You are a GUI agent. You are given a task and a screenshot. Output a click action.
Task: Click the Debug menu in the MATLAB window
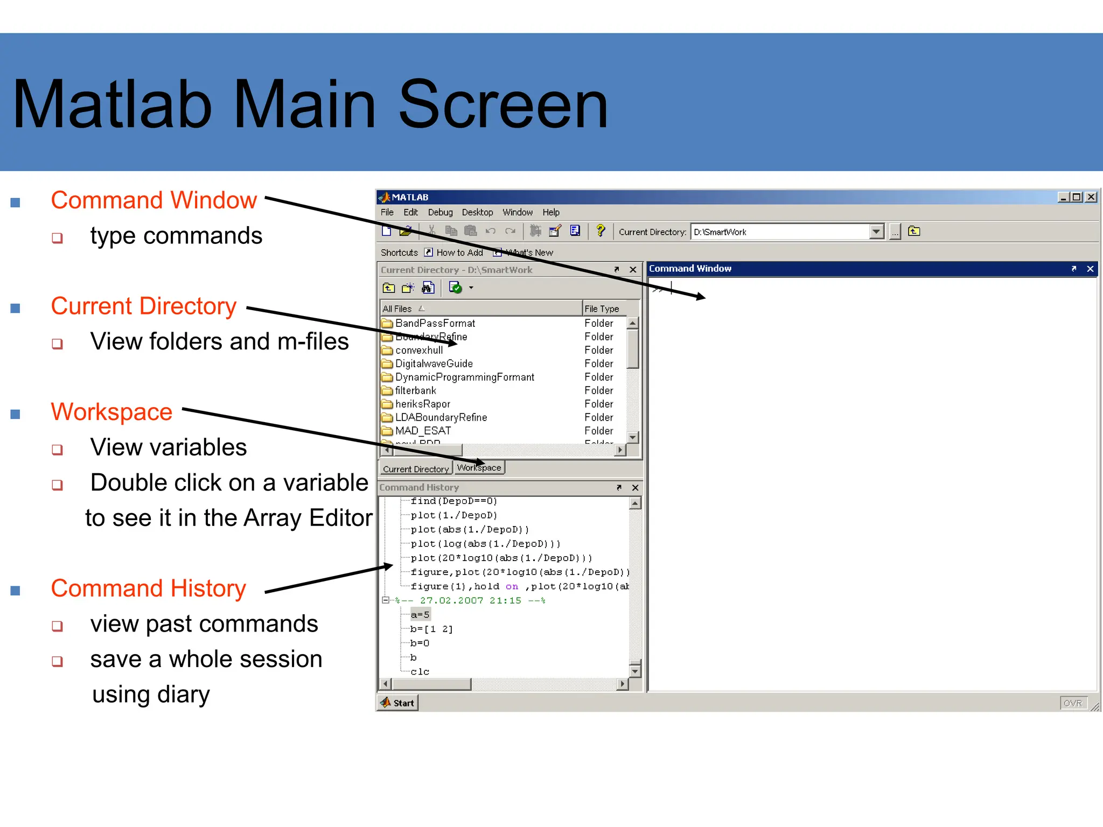[440, 212]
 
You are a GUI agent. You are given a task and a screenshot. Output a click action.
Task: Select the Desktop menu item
[477, 212]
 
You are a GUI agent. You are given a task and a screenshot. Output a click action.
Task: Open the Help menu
[550, 212]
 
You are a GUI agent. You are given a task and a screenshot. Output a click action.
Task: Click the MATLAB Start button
[398, 703]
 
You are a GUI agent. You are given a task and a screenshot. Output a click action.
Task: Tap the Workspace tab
[479, 467]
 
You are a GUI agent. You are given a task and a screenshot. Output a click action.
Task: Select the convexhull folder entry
[418, 350]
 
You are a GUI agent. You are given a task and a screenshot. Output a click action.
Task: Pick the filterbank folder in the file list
[415, 390]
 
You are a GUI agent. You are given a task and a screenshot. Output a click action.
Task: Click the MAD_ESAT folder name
[423, 431]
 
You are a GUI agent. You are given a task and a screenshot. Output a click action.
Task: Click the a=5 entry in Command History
[420, 614]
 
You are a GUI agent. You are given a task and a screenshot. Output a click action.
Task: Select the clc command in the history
[420, 671]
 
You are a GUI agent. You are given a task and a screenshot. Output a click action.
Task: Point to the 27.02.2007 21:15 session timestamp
[470, 600]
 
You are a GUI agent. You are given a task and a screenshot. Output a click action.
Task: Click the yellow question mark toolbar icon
[601, 231]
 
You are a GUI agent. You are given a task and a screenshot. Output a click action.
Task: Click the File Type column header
[602, 309]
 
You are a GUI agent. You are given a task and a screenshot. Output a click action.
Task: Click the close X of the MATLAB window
[1091, 197]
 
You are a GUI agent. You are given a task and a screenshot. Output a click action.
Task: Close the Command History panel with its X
[635, 487]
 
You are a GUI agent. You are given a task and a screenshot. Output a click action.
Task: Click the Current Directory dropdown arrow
[876, 232]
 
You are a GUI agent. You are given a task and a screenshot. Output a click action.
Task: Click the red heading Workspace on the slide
[111, 412]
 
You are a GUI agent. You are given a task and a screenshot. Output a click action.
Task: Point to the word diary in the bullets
[183, 694]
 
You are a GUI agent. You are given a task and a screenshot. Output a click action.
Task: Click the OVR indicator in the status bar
[1073, 703]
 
